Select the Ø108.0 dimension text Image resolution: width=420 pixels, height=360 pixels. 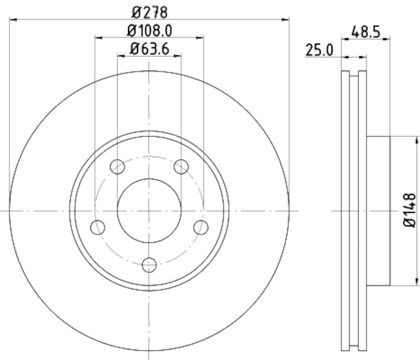(x=150, y=30)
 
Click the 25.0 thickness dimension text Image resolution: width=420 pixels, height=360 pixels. (x=320, y=50)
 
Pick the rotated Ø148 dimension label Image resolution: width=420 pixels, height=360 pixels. (x=410, y=211)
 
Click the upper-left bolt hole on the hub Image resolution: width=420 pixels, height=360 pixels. (x=118, y=167)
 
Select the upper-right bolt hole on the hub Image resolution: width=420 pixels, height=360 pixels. (x=181, y=167)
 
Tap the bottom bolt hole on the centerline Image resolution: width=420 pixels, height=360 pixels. (x=150, y=264)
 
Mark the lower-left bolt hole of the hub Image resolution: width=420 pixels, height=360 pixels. (x=98, y=228)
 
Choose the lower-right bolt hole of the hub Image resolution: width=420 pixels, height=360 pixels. (x=201, y=228)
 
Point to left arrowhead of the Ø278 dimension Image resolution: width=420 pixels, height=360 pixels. (x=13, y=19)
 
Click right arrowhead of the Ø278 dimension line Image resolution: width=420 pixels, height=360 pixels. (x=286, y=19)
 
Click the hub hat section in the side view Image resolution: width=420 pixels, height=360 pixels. (x=378, y=211)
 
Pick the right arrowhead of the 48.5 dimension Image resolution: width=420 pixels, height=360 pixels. (x=387, y=38)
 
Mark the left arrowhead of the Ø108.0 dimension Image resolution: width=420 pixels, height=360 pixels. (x=98, y=38)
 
